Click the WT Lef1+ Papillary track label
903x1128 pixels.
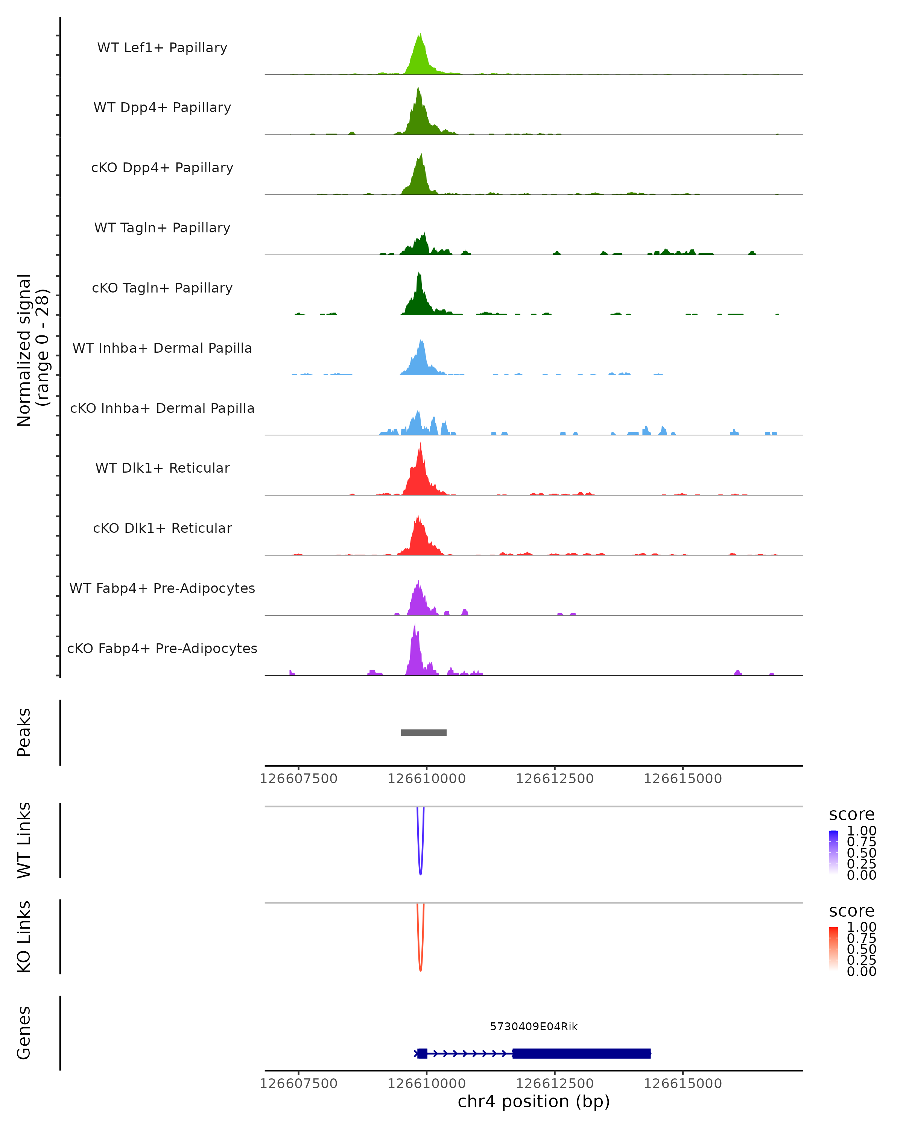point(162,48)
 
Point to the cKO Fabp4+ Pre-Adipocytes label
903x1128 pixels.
point(162,648)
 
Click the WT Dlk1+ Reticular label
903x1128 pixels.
point(162,468)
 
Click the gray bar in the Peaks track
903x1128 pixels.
point(424,732)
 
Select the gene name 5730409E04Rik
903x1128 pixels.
point(534,1026)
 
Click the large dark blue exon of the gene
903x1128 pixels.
point(581,1053)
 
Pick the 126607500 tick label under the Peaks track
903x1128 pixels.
point(298,779)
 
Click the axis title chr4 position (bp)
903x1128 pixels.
point(534,1102)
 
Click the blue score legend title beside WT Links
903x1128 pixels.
point(851,815)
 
